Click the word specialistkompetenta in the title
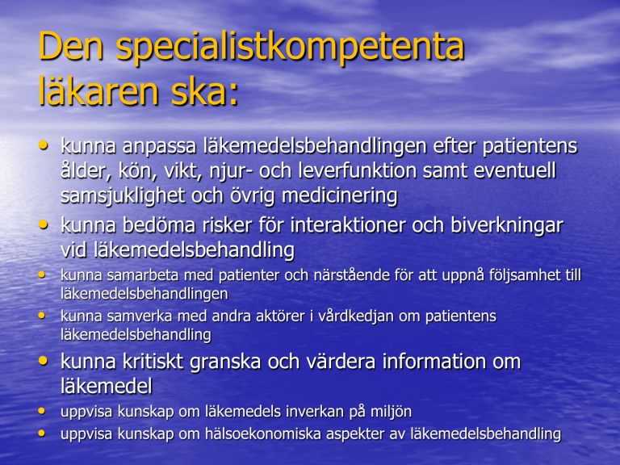coord(290,48)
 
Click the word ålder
coord(84,170)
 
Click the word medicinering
coord(339,195)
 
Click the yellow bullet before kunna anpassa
coord(43,145)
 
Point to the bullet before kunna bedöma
coord(43,224)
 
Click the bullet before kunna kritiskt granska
coord(43,360)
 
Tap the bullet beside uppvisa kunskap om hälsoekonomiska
coord(41,434)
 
